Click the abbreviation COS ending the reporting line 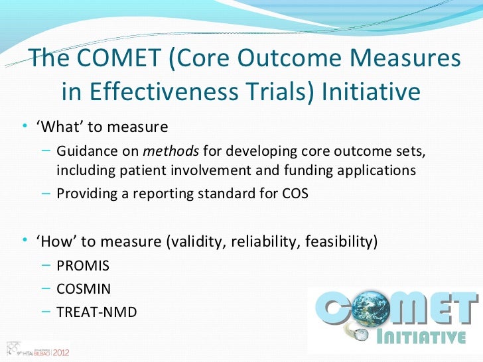pos(294,194)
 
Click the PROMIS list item pos(83,266)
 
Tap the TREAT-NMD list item pos(97,310)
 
